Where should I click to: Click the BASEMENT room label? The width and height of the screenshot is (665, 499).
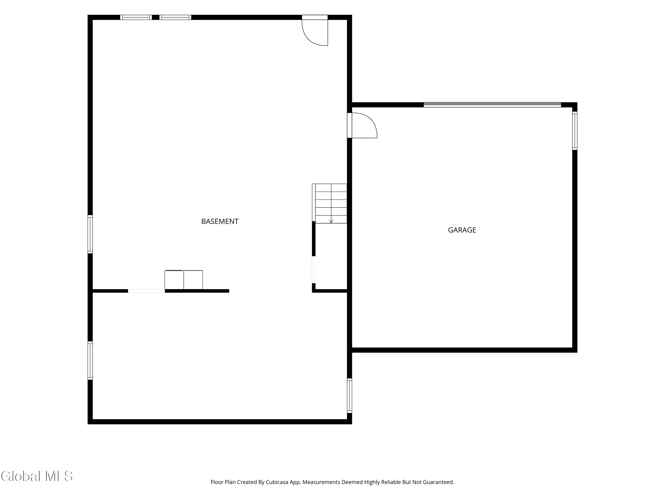click(x=220, y=221)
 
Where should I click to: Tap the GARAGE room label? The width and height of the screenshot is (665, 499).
click(x=462, y=230)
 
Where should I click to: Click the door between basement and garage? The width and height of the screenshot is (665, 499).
click(x=362, y=126)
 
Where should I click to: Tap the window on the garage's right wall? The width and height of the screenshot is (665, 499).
click(x=575, y=131)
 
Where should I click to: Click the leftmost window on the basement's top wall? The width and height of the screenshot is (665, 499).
click(x=136, y=17)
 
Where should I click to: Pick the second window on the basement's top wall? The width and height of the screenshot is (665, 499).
click(x=175, y=17)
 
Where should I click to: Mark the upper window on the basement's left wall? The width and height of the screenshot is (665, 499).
click(x=90, y=234)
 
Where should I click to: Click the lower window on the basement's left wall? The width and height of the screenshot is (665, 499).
click(x=90, y=360)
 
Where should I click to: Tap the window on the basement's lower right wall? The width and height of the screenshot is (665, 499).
click(x=349, y=395)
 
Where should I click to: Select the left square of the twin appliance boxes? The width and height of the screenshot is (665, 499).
click(x=174, y=280)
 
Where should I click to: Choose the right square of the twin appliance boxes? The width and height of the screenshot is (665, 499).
click(x=193, y=280)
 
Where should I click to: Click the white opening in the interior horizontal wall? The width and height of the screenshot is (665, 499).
click(x=146, y=291)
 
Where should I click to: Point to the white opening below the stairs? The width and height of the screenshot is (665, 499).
click(x=314, y=269)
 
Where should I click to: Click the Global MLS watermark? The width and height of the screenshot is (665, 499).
click(x=37, y=476)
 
